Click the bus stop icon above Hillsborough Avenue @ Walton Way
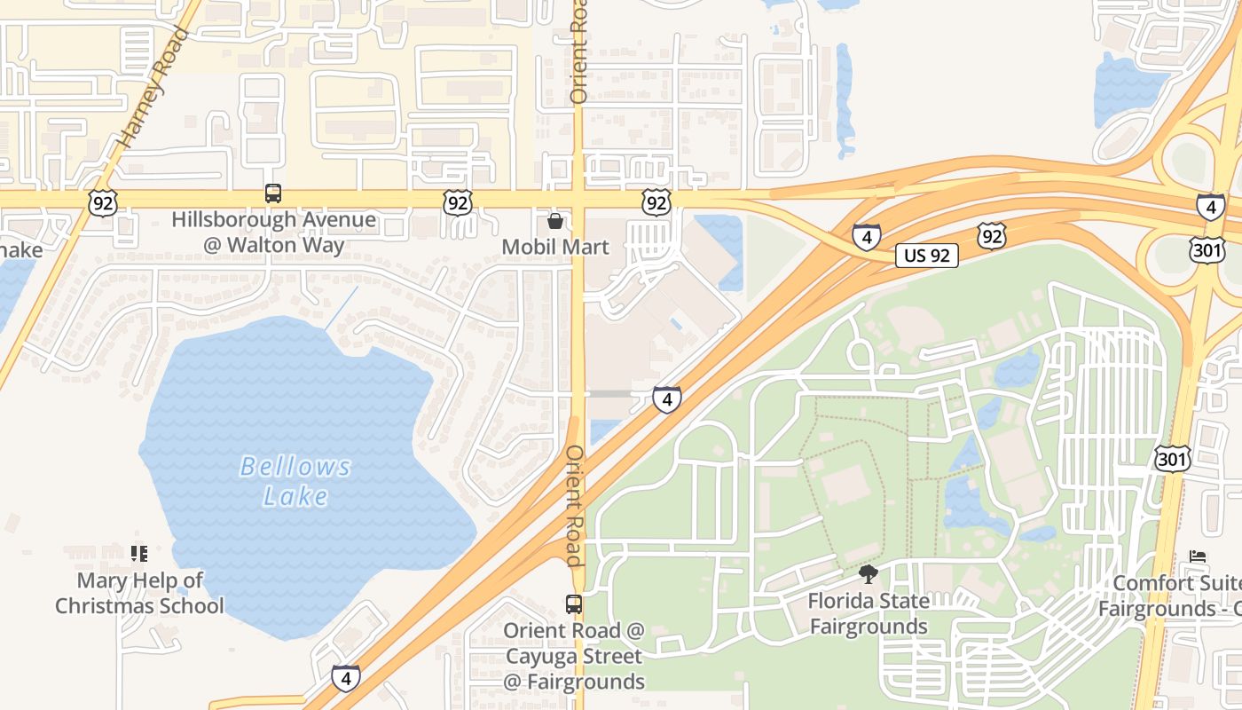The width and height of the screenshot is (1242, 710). (x=273, y=193)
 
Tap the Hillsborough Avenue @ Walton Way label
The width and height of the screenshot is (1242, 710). (x=273, y=233)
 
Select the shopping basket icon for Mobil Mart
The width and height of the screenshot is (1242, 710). (x=555, y=220)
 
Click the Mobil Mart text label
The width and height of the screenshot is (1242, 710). (x=555, y=247)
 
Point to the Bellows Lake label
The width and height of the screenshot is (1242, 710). (x=295, y=481)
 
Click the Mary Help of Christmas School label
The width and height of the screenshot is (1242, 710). (x=139, y=593)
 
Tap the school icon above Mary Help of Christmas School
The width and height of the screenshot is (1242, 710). (x=138, y=554)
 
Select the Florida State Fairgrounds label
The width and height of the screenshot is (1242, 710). (x=869, y=613)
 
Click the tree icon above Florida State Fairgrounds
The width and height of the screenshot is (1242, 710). (x=869, y=574)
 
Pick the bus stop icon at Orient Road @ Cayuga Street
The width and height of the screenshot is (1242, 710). (x=574, y=604)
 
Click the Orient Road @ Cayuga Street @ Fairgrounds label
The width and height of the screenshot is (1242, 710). (x=574, y=657)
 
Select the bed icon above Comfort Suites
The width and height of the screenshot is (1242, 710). (x=1198, y=557)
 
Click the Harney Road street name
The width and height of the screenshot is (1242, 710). (x=153, y=86)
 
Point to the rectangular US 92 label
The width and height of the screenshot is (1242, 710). (x=927, y=256)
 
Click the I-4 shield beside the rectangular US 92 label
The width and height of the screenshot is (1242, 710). (x=867, y=237)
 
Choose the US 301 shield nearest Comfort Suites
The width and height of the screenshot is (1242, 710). (x=1172, y=458)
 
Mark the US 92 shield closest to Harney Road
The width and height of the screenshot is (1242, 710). (x=103, y=204)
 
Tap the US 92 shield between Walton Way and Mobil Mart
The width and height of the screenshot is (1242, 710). (x=458, y=203)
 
